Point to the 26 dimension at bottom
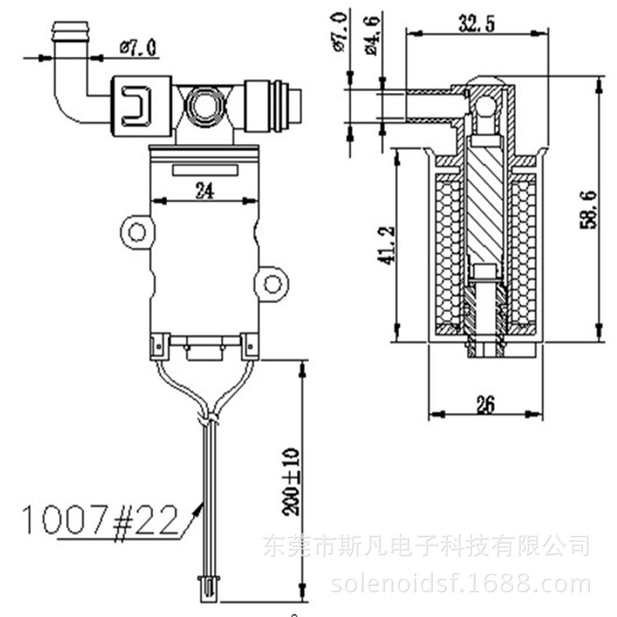coord(485,404)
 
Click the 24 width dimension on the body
coord(205,191)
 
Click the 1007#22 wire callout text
coord(99,520)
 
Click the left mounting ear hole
coord(137,231)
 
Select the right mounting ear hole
coord(271,285)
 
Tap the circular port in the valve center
coord(203,104)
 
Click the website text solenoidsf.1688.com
coord(460,585)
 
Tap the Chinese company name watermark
coord(425,545)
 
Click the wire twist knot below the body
coord(209,420)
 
